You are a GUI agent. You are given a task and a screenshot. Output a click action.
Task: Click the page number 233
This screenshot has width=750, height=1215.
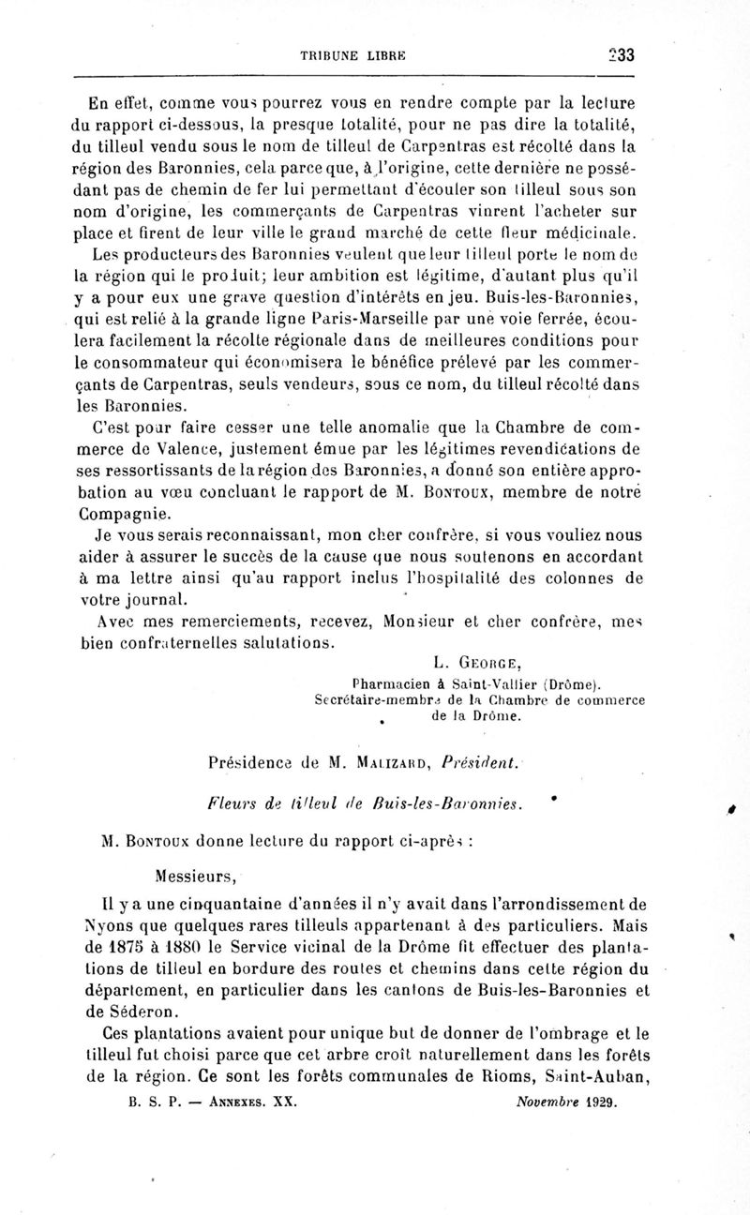(620, 55)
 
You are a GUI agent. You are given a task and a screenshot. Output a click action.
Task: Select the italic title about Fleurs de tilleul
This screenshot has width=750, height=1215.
(365, 803)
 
